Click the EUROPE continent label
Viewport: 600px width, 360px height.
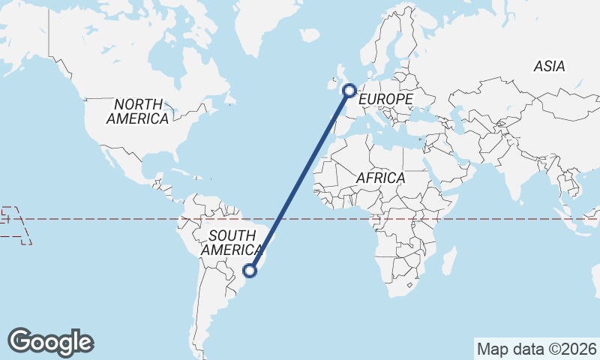386,100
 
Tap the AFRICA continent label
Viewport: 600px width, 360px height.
380,178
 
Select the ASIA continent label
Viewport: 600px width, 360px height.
549,67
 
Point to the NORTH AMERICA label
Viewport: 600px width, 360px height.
138,111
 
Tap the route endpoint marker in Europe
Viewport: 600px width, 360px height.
349,91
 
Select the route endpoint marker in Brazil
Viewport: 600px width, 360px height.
250,270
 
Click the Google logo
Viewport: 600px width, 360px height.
50,342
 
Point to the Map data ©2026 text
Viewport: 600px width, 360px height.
537,349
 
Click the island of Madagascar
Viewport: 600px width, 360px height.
449,262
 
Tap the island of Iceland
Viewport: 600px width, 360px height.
309,34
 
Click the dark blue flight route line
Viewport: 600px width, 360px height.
300,180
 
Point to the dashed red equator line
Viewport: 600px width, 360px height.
112,219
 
